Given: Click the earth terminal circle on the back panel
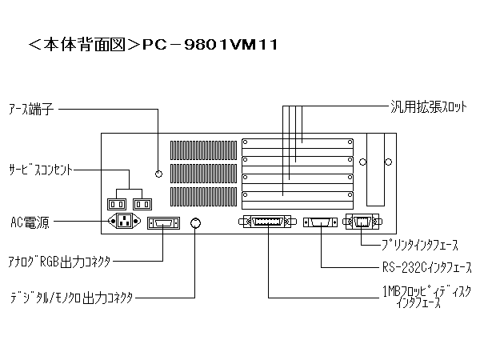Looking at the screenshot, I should pyautogui.click(x=158, y=174).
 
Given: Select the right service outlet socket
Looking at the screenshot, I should pyautogui.click(x=141, y=204).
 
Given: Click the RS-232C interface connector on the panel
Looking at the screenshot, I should pyautogui.click(x=322, y=223).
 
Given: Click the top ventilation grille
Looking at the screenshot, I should pyautogui.click(x=200, y=149).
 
